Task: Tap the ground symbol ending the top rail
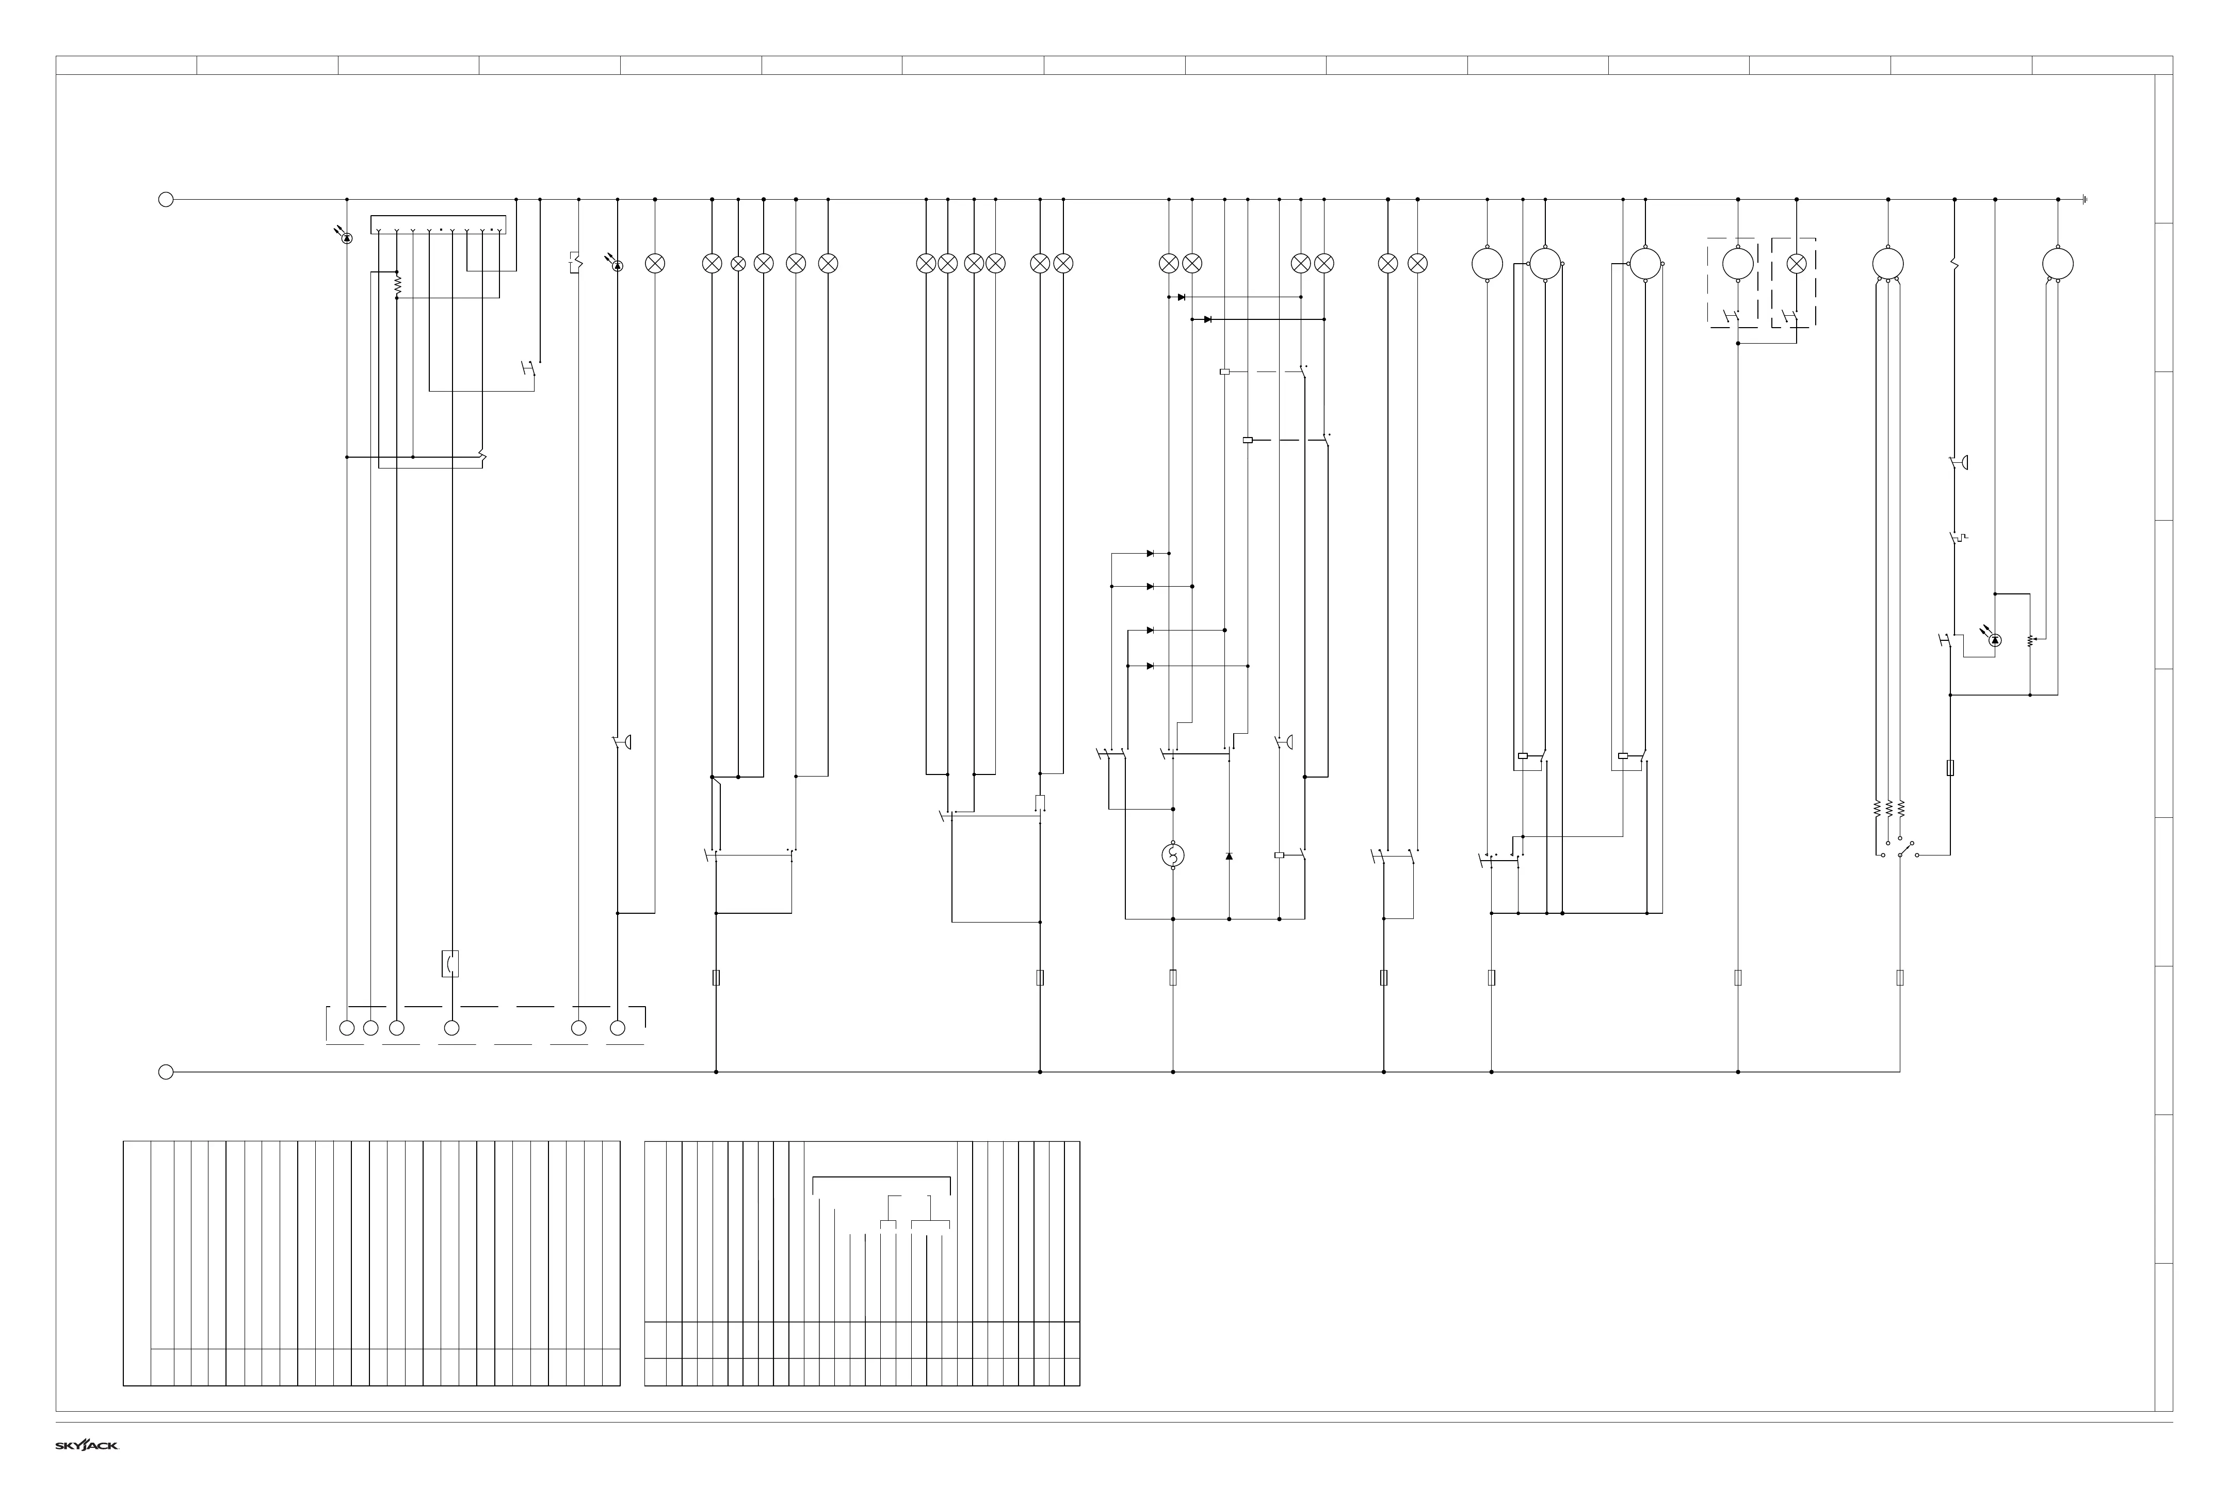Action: coord(2086,200)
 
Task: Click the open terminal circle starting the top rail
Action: coord(166,200)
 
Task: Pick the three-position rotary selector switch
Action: coord(1900,850)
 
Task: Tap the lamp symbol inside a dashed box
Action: coord(1796,264)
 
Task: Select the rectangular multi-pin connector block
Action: coord(438,225)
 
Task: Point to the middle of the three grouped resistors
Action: coord(1889,809)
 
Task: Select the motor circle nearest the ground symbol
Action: coord(2058,264)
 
